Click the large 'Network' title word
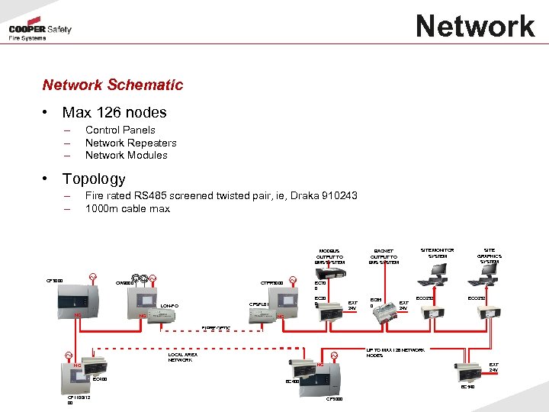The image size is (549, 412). (x=475, y=26)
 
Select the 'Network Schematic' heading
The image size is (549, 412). (x=113, y=85)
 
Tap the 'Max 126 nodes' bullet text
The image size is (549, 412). (x=114, y=112)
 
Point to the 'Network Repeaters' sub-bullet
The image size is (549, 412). (x=130, y=143)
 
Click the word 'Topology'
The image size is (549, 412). (x=94, y=179)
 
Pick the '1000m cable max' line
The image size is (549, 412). (x=127, y=208)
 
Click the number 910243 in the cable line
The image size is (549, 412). (x=335, y=195)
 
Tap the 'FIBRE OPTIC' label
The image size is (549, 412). (x=216, y=328)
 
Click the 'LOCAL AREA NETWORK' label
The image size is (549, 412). (x=182, y=356)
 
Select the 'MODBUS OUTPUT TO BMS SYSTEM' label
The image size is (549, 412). (x=329, y=256)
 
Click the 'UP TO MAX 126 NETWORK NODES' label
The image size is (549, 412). (x=395, y=352)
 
